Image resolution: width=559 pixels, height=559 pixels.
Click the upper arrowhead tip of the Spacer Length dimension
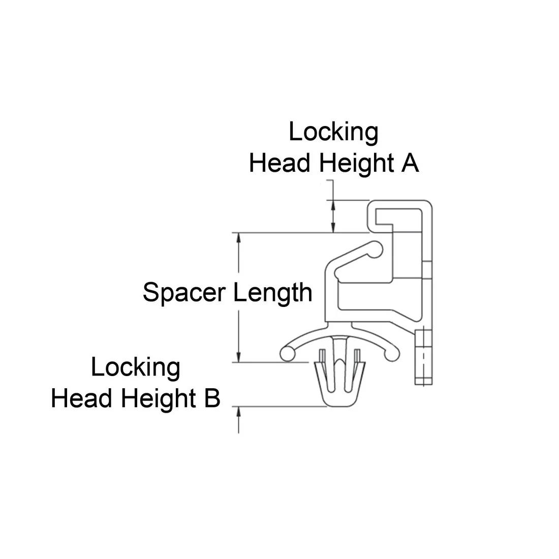click(238, 233)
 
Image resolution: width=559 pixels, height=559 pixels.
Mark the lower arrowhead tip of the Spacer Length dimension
click(238, 362)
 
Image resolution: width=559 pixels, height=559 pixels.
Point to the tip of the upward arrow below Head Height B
click(238, 407)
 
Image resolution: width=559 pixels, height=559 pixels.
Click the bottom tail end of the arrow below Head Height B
click(238, 433)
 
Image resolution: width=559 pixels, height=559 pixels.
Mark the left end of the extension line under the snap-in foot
click(232, 407)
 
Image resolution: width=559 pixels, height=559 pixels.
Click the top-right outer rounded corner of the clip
click(429, 204)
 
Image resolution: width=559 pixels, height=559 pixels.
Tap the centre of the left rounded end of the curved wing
click(287, 354)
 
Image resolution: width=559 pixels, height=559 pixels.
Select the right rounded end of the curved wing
click(392, 354)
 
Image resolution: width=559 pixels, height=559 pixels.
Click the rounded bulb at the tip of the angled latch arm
click(375, 249)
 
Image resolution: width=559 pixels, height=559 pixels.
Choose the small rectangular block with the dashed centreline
click(423, 357)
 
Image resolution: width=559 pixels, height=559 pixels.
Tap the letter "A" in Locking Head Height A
click(410, 163)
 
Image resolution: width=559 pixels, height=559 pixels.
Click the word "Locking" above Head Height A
click(333, 132)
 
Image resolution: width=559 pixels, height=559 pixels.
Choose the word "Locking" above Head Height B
click(136, 367)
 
